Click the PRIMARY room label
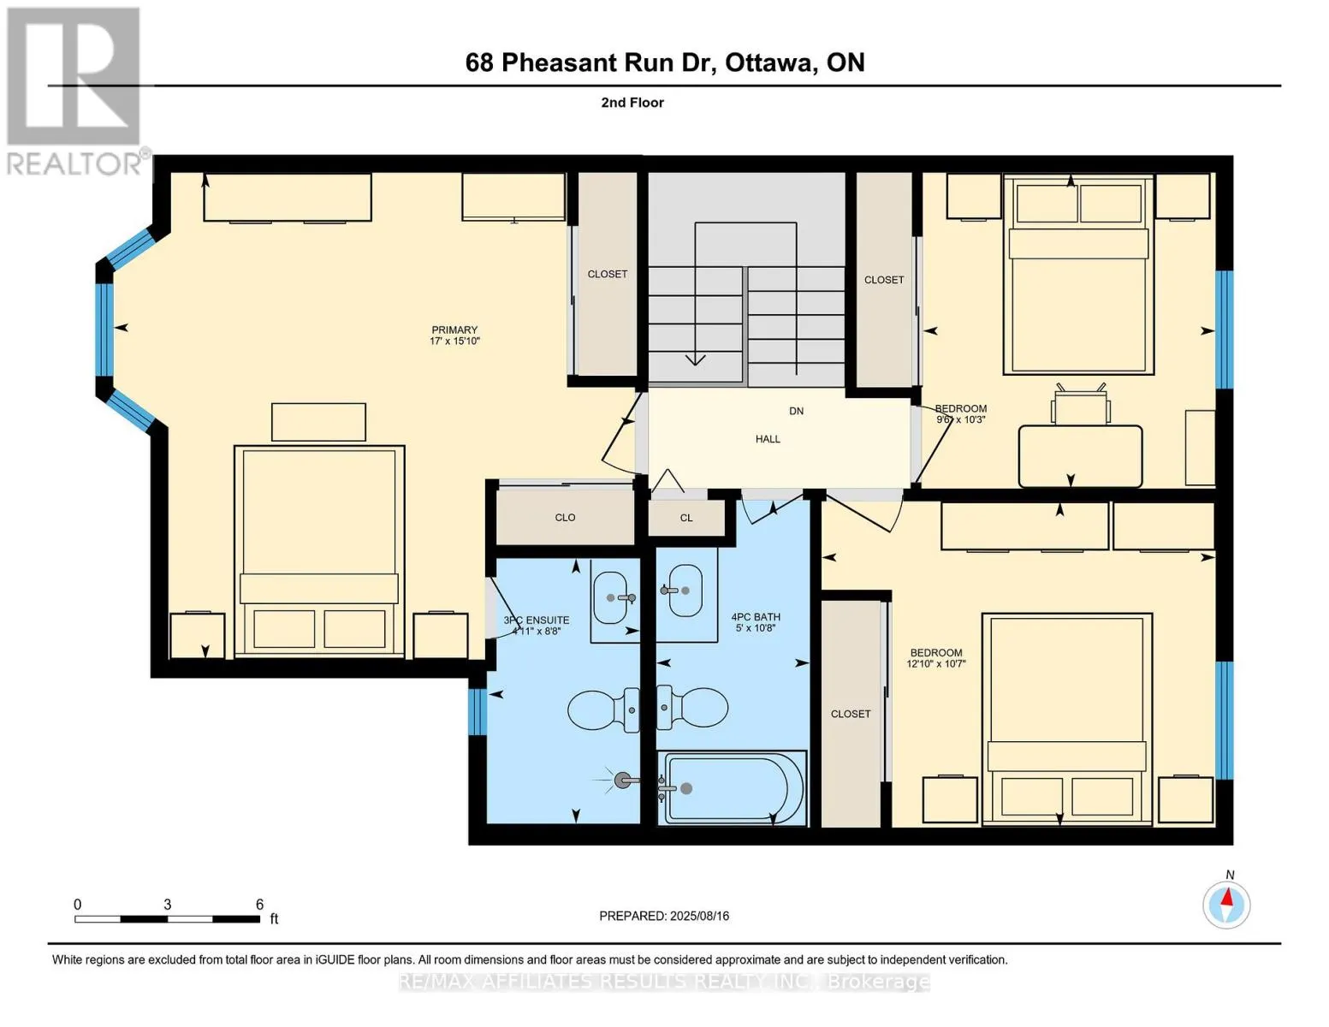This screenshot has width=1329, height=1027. tap(454, 329)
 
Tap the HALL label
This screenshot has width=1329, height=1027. tap(768, 439)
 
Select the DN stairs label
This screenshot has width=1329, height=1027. tap(796, 411)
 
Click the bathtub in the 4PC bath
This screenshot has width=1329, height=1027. tap(732, 788)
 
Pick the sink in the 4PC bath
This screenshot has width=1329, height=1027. tap(685, 591)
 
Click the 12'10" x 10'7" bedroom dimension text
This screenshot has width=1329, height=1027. tap(936, 664)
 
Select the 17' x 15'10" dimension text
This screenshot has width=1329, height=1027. tap(454, 341)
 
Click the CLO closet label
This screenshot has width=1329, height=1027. tap(565, 518)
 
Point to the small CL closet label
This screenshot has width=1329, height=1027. tap(686, 518)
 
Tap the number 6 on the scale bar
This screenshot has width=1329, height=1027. tap(259, 905)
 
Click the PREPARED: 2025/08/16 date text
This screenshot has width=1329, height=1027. tap(664, 916)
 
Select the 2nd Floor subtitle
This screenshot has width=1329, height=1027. tap(632, 103)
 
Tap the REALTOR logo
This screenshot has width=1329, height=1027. tap(74, 90)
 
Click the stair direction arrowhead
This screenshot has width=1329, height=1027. tap(695, 359)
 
